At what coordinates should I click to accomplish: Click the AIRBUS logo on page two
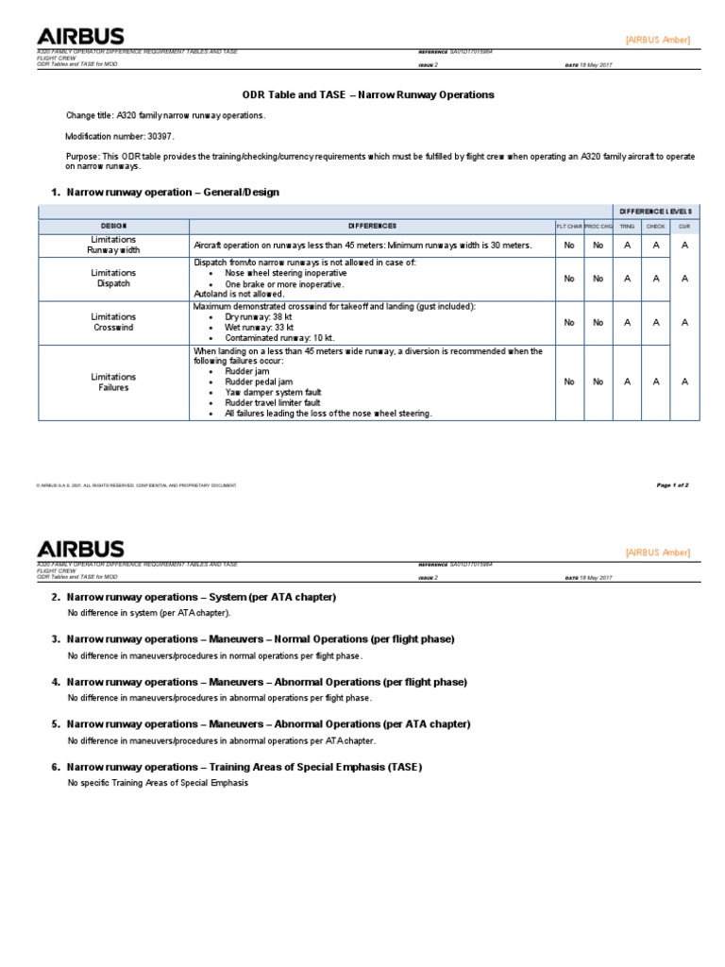(x=80, y=549)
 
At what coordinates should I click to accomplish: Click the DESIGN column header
(x=113, y=226)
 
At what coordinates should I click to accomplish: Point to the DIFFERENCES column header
(x=372, y=226)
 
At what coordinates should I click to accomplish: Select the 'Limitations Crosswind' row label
(x=113, y=322)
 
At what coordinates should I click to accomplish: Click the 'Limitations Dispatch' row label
(x=113, y=278)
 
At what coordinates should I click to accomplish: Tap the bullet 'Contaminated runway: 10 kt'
(x=279, y=337)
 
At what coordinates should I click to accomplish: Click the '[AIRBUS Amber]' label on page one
(x=658, y=40)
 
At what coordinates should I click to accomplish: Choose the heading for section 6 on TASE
(x=244, y=767)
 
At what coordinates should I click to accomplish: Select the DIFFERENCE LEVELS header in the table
(x=654, y=211)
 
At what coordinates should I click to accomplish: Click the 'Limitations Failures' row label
(x=113, y=382)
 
